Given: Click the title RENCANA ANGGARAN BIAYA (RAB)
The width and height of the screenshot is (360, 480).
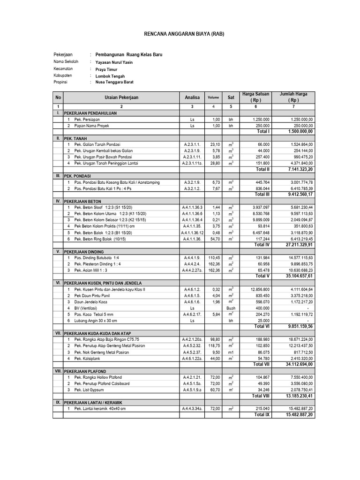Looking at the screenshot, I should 180,34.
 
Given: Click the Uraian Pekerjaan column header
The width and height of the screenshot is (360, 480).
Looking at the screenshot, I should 121,97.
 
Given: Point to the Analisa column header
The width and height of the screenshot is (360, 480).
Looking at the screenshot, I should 191,97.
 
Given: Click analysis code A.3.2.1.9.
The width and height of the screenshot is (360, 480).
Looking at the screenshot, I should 191,182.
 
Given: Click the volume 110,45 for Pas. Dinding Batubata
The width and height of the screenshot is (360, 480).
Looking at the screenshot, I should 213,258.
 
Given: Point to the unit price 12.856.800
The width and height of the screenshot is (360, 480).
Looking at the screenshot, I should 260,290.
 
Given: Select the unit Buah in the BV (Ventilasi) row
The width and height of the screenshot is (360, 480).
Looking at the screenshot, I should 231,308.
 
